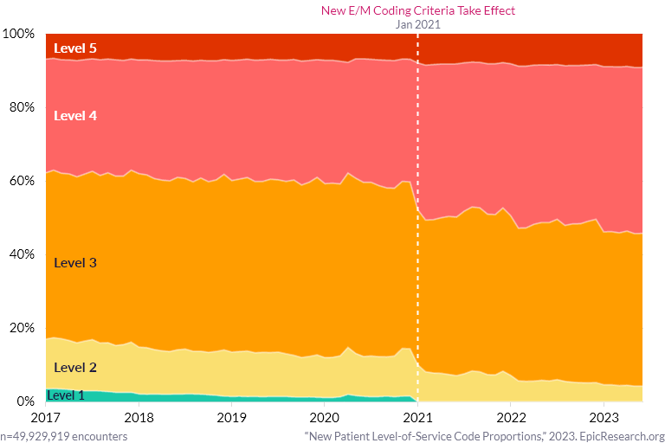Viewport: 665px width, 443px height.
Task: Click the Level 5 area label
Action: [x=74, y=48]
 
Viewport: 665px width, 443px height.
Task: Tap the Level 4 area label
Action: [x=74, y=115]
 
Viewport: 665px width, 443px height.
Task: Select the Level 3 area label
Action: [x=74, y=262]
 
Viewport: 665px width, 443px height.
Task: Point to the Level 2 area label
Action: [x=74, y=368]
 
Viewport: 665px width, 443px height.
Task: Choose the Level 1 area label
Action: [x=66, y=395]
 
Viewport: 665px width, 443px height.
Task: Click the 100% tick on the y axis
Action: [x=18, y=34]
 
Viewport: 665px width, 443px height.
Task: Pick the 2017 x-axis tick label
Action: [x=44, y=416]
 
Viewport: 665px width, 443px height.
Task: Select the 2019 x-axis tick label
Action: [x=231, y=416]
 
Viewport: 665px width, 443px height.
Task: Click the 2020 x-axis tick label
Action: [x=324, y=416]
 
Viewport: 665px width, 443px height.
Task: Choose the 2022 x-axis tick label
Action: [x=511, y=416]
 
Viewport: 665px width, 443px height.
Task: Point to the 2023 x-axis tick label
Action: [x=604, y=416]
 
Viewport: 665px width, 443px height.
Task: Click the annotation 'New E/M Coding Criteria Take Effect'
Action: [x=417, y=10]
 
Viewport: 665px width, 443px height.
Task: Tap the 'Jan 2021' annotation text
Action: [x=417, y=24]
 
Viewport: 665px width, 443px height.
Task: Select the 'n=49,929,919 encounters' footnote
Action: [x=64, y=436]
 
